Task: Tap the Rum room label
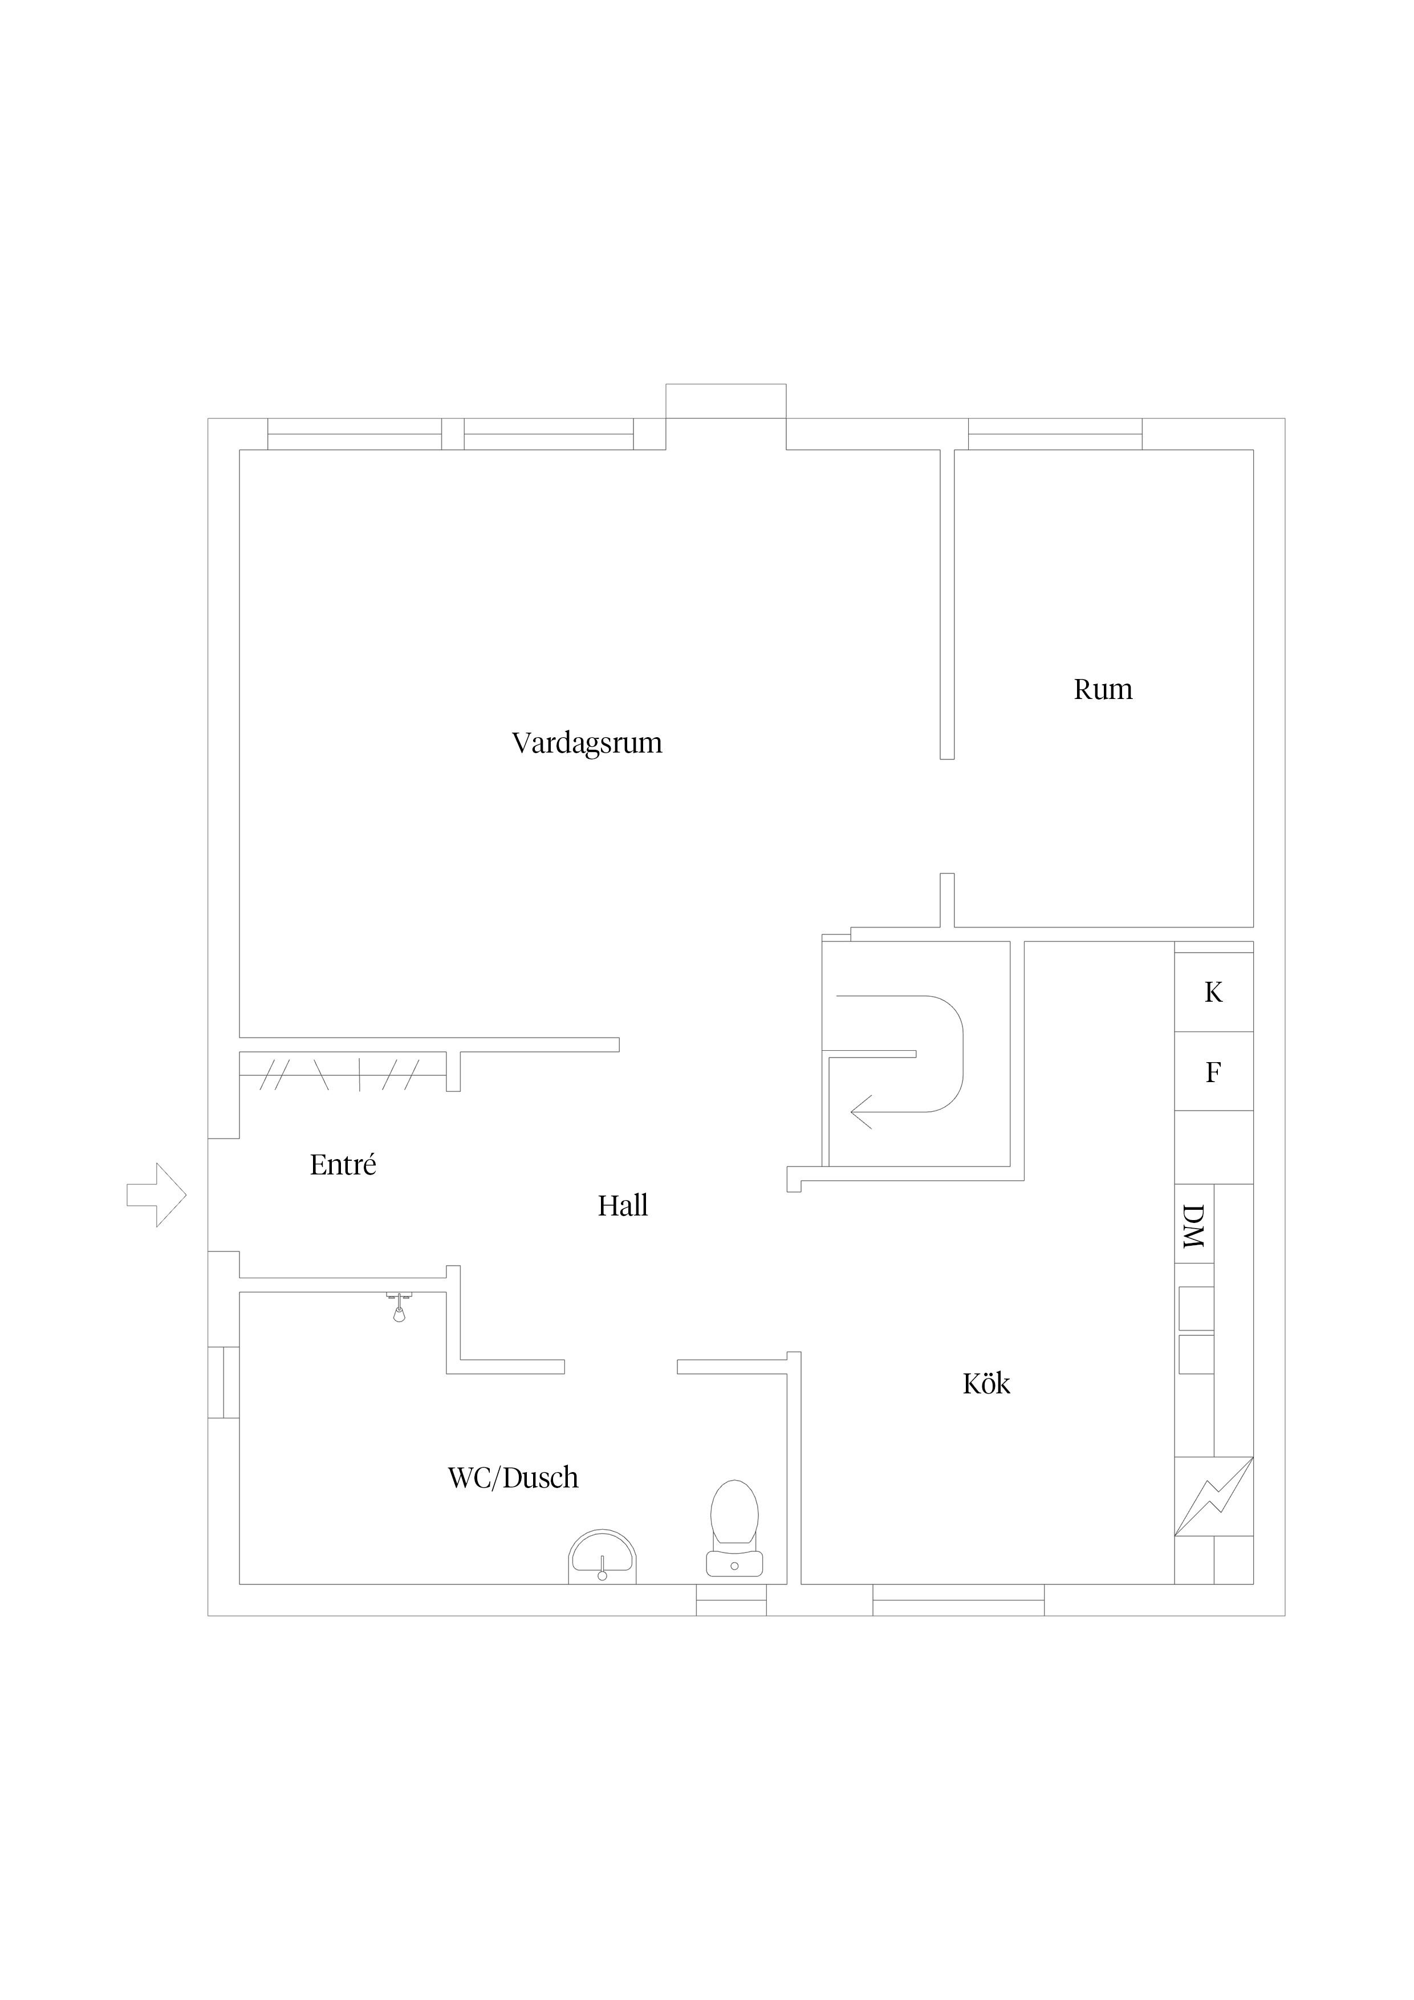[x=1103, y=690]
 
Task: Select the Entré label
[x=343, y=1165]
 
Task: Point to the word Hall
[x=623, y=1206]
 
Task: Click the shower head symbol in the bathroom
[x=399, y=1307]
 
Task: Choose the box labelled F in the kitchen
[x=1214, y=1071]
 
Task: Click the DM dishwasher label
[x=1193, y=1226]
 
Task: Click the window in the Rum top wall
[x=1055, y=434]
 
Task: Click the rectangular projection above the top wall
[x=726, y=401]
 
